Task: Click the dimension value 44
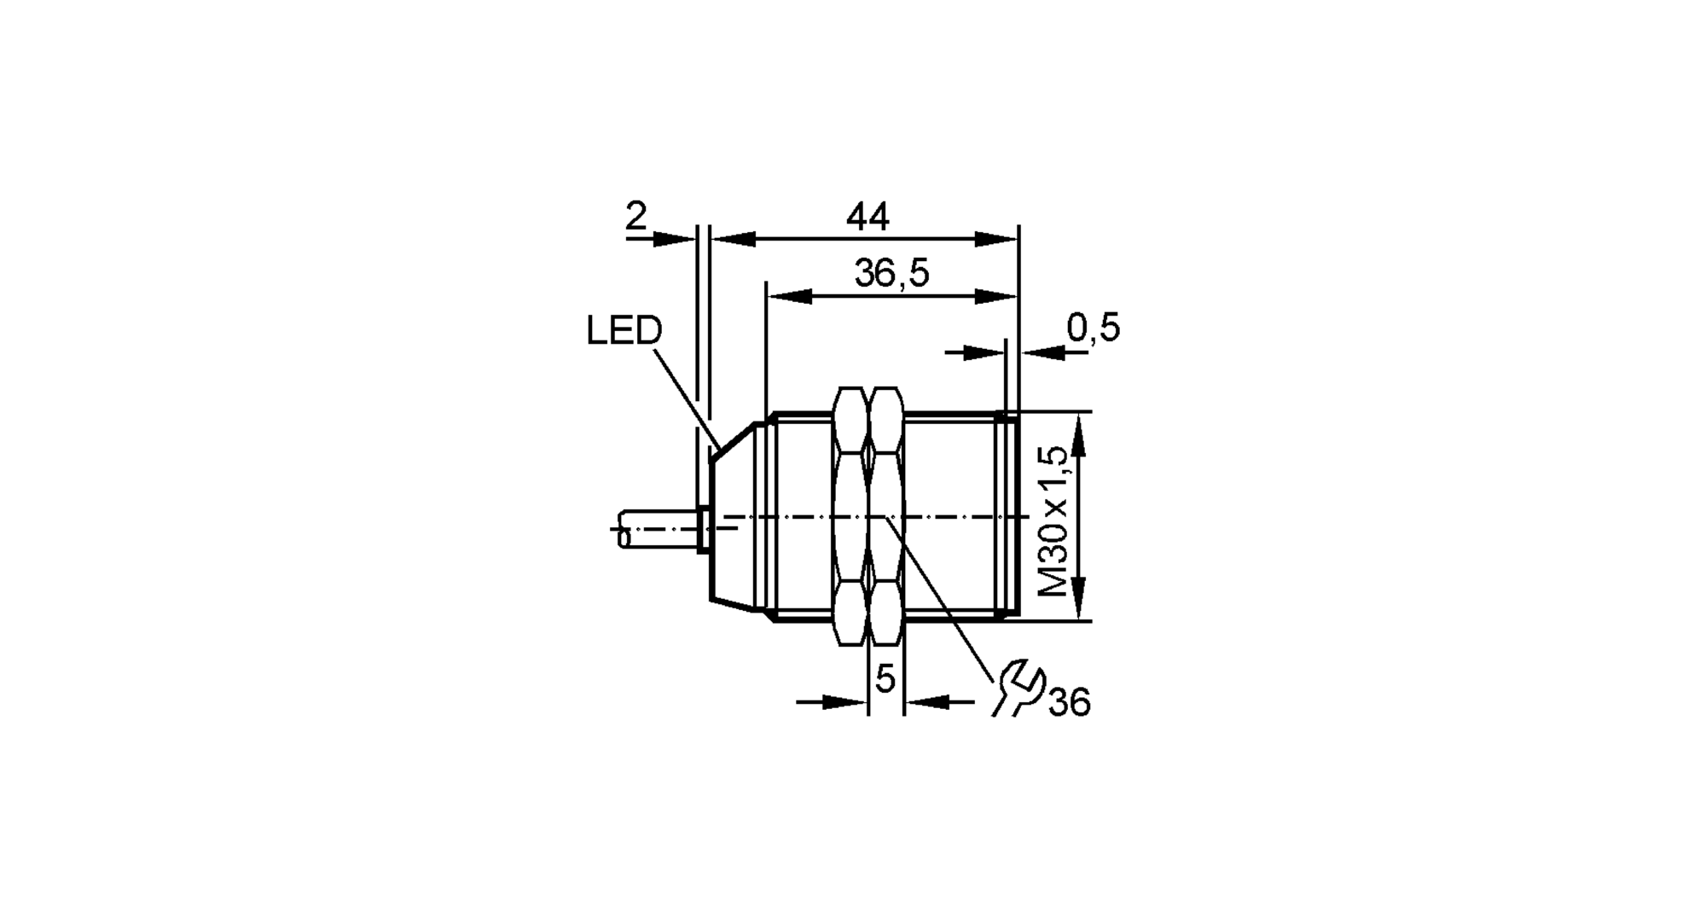click(868, 218)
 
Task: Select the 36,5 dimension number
click(891, 274)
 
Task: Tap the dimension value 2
click(636, 217)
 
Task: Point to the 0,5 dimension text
click(1093, 328)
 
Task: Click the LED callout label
click(624, 331)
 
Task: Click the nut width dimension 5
click(885, 679)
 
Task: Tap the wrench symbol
click(1018, 688)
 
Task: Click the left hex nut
click(849, 516)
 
